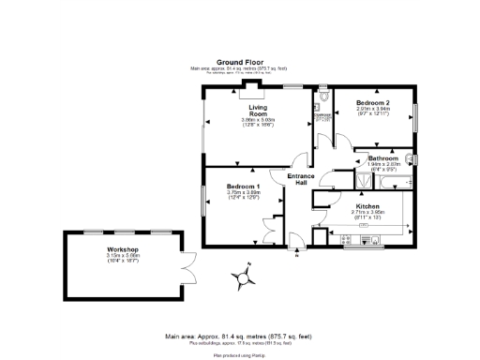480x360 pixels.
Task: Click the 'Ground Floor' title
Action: point(239,61)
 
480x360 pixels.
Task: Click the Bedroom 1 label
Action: point(243,187)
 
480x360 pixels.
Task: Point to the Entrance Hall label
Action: point(301,178)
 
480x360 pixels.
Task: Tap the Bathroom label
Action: point(383,159)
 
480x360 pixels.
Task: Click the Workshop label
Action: point(122,250)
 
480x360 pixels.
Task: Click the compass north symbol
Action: point(245,277)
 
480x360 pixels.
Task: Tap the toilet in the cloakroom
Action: point(323,97)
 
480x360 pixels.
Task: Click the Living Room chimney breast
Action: point(252,90)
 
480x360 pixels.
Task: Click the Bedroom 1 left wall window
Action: point(203,198)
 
